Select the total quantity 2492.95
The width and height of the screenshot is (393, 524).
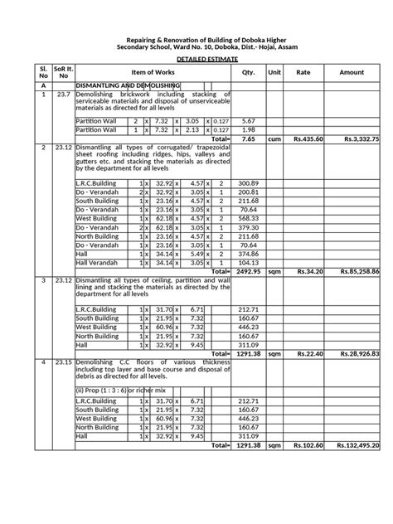click(248, 270)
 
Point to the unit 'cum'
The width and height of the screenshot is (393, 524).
click(274, 139)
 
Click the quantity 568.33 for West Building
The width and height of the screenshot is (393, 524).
click(248, 218)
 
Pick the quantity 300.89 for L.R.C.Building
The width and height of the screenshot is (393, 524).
click(248, 182)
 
